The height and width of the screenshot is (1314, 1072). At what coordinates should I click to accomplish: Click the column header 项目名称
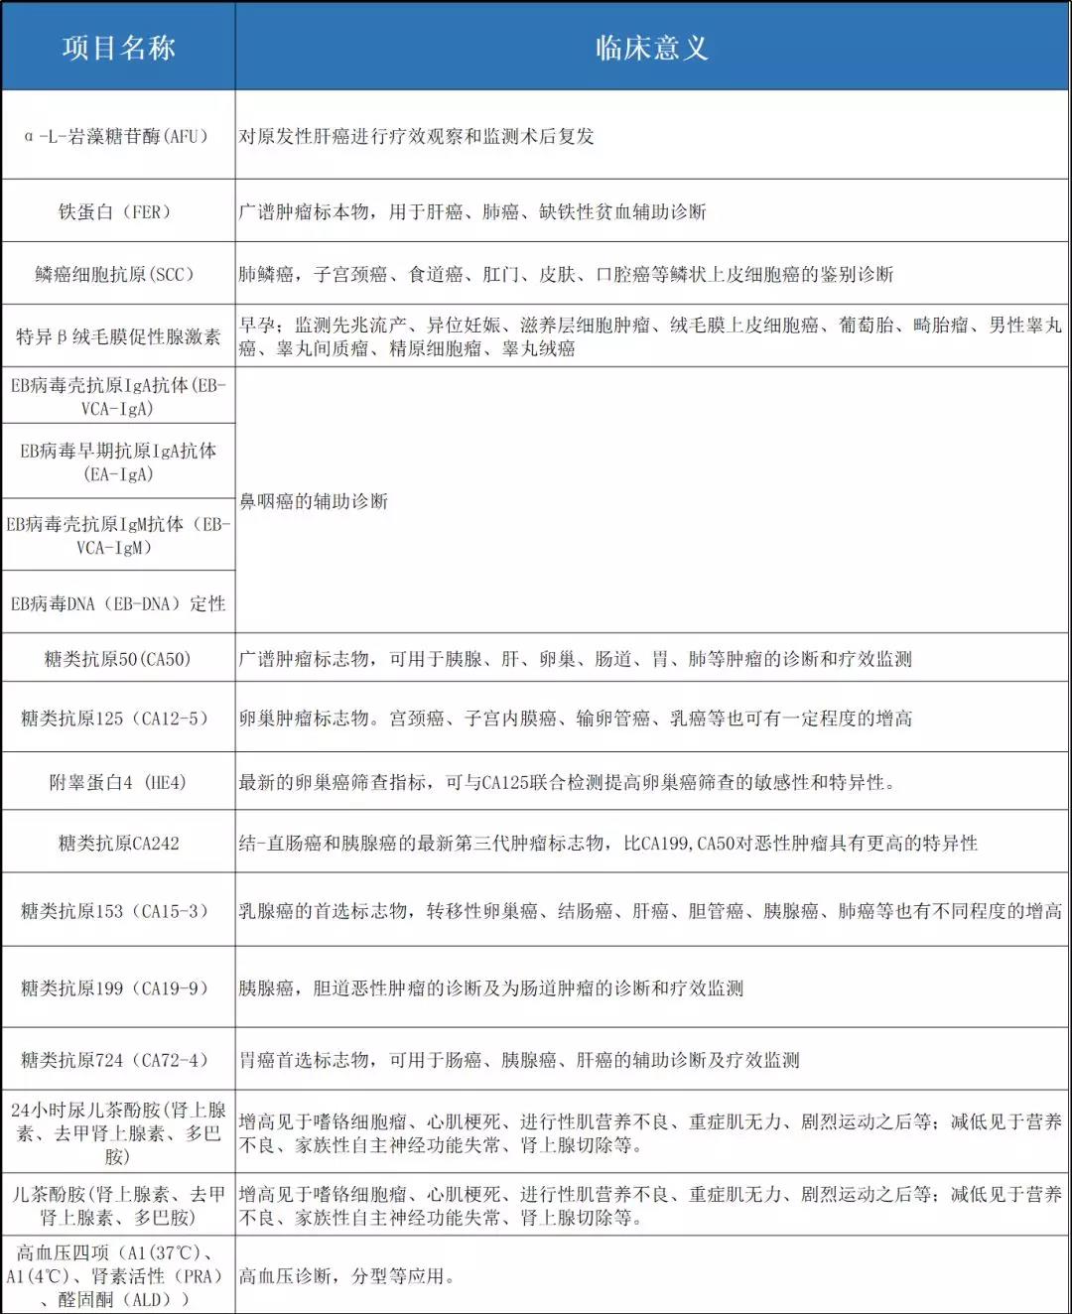click(118, 48)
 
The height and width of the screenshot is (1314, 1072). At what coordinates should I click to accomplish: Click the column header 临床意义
click(651, 48)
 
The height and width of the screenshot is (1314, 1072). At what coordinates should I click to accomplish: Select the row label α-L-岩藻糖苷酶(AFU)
click(118, 136)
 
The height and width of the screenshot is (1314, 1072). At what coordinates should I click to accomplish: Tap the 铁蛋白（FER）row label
click(118, 211)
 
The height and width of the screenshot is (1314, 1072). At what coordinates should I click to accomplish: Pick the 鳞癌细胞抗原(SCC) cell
click(118, 274)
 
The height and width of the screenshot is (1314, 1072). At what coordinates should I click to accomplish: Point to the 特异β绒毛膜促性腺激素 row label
click(118, 336)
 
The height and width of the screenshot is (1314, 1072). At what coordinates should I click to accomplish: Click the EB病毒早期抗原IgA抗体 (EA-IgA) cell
click(118, 461)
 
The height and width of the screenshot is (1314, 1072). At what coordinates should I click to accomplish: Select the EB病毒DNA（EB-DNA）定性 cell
click(118, 603)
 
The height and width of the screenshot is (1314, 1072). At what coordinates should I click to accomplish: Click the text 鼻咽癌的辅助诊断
click(314, 501)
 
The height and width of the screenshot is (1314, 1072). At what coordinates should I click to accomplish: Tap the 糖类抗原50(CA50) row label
click(118, 659)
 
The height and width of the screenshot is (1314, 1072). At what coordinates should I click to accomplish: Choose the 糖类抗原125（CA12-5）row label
click(118, 718)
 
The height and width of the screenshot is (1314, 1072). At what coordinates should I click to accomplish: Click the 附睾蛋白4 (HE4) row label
click(118, 782)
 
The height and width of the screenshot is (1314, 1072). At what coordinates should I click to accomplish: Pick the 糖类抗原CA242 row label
click(118, 843)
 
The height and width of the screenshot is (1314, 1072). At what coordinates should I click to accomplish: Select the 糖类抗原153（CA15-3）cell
click(118, 910)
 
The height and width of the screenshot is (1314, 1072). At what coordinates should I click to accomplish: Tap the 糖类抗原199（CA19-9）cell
click(118, 987)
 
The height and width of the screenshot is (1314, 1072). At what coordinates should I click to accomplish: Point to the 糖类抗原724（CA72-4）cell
click(118, 1060)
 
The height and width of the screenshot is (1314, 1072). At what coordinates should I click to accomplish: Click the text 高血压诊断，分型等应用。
click(346, 1275)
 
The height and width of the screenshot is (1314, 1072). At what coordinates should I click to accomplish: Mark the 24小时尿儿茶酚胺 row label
click(118, 1132)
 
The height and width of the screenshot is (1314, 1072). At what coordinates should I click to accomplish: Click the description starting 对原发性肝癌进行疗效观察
click(416, 136)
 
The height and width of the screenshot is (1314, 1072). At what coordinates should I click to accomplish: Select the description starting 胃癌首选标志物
click(519, 1060)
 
